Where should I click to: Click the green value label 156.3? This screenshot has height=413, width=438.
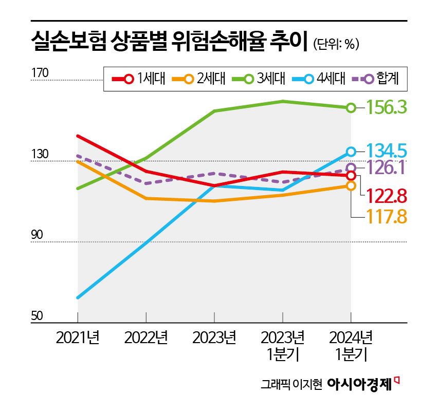point(386,107)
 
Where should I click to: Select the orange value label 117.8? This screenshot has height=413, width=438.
point(386,217)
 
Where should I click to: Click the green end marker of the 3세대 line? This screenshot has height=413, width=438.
point(351,107)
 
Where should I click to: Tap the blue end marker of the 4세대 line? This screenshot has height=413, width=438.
point(351,152)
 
